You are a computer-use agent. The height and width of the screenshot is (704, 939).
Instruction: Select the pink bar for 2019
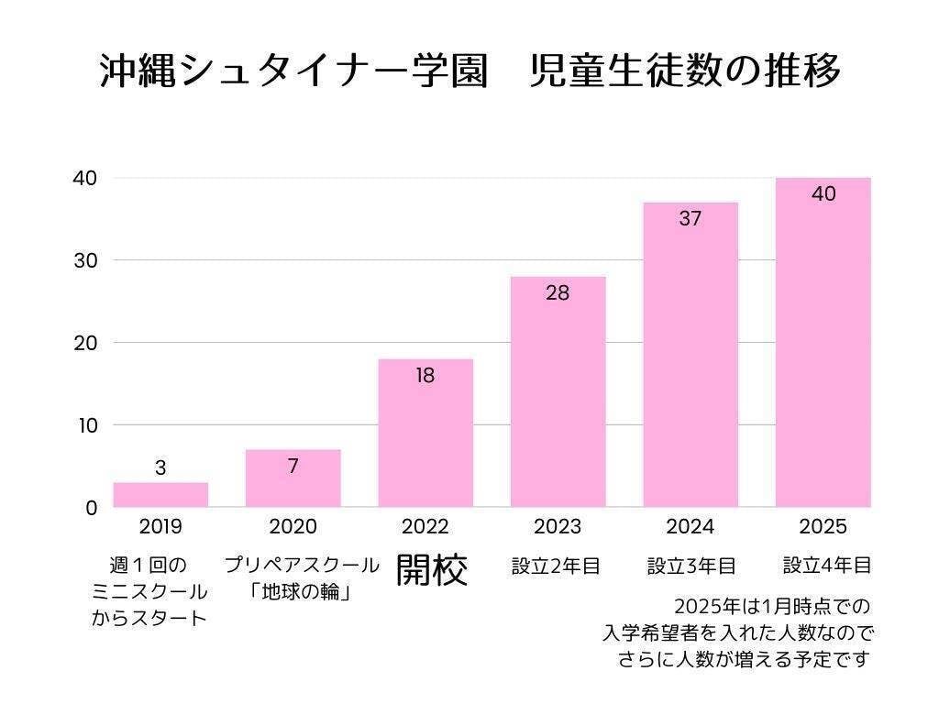click(160, 495)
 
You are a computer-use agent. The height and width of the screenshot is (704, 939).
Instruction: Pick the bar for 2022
click(425, 440)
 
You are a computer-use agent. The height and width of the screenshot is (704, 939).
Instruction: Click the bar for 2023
click(558, 403)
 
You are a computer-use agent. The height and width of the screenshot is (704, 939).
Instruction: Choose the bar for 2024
click(690, 367)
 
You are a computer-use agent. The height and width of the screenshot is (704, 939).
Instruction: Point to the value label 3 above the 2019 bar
click(160, 467)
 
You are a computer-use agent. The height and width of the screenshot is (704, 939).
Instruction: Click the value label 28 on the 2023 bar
click(558, 293)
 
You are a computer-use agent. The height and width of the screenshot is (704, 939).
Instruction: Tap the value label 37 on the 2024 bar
click(690, 219)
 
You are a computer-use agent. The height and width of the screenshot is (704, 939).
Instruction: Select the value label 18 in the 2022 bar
click(425, 375)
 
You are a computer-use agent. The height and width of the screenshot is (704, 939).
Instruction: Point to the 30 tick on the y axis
click(85, 260)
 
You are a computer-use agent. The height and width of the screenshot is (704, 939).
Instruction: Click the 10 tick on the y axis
click(85, 425)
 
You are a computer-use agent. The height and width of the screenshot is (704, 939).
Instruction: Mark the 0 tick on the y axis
click(91, 508)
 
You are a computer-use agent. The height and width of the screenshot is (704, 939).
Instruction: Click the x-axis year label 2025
click(823, 527)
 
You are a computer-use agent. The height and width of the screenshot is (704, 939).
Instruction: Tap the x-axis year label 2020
click(293, 527)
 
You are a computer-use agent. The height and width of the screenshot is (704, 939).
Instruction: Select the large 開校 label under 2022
click(431, 569)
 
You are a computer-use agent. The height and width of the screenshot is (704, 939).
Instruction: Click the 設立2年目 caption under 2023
click(556, 566)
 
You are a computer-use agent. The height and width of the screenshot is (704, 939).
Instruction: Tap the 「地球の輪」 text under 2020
click(301, 592)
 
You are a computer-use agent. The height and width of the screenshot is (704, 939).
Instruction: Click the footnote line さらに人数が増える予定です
click(743, 659)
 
